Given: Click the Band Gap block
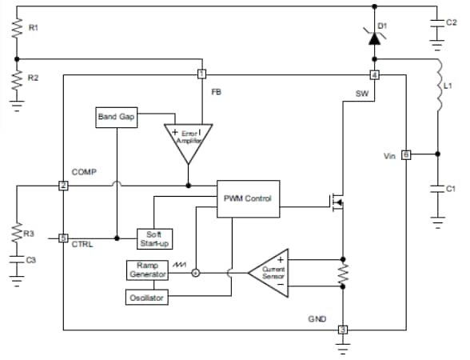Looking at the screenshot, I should pyautogui.click(x=116, y=117).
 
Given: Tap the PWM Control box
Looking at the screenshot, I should pyautogui.click(x=248, y=198).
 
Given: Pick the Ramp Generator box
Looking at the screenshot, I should pyautogui.click(x=147, y=270).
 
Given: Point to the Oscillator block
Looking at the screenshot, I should pyautogui.click(x=147, y=298).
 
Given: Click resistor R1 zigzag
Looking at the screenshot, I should pyautogui.click(x=17, y=29).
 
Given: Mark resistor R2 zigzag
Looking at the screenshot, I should pyautogui.click(x=17, y=79).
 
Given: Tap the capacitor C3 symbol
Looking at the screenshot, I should pyautogui.click(x=17, y=260).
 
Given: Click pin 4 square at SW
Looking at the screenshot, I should pyautogui.click(x=373, y=75).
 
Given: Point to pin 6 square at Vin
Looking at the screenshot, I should pyautogui.click(x=405, y=154).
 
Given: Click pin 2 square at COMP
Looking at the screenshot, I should pyautogui.click(x=62, y=186).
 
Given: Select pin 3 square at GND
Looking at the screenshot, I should pyautogui.click(x=342, y=330).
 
